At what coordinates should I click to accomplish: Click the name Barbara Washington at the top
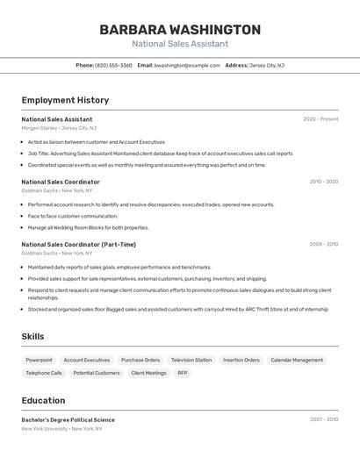pos(180,30)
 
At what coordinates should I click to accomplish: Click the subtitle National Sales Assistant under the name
pos(180,44)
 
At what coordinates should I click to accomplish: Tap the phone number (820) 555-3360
pos(113,65)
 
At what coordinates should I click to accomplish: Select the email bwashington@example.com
pos(187,65)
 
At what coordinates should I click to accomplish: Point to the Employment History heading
pos(65,100)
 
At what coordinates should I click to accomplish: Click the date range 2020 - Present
pos(320,119)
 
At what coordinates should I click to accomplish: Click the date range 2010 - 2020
pos(323,182)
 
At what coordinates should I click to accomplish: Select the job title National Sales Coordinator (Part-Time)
pos(79,245)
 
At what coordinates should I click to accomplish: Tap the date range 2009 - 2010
pos(323,245)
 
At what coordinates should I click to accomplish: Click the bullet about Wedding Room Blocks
pos(88,227)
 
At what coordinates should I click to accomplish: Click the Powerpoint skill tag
pos(39,360)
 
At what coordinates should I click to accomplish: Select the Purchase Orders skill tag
pos(140,360)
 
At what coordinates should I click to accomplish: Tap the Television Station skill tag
pos(191,360)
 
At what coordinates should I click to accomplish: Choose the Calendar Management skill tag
pos(297,360)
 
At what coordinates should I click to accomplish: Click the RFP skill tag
pos(183,373)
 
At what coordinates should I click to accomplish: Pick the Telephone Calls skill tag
pos(44,373)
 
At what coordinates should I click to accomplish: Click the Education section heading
pos(43,400)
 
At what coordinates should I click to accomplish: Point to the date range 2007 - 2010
pos(323,420)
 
